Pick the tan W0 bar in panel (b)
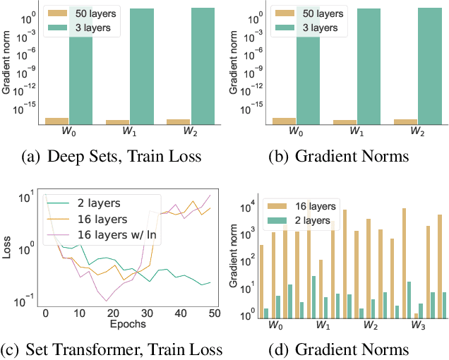click(284, 121)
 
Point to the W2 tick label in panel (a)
click(190, 131)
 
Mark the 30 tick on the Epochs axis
click(147, 313)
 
